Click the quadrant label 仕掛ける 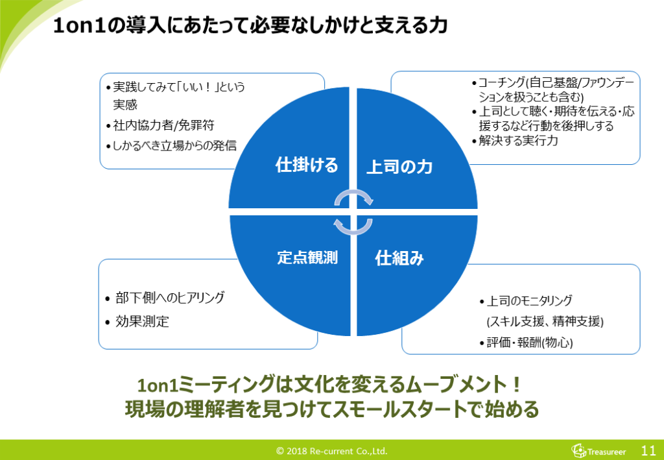pyautogui.click(x=307, y=165)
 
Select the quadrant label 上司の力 pyautogui.click(x=399, y=167)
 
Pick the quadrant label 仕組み pyautogui.click(x=399, y=258)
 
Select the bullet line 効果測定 pyautogui.click(x=142, y=321)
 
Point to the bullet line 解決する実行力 pyautogui.click(x=518, y=140)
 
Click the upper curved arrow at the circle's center pyautogui.click(x=354, y=196)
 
